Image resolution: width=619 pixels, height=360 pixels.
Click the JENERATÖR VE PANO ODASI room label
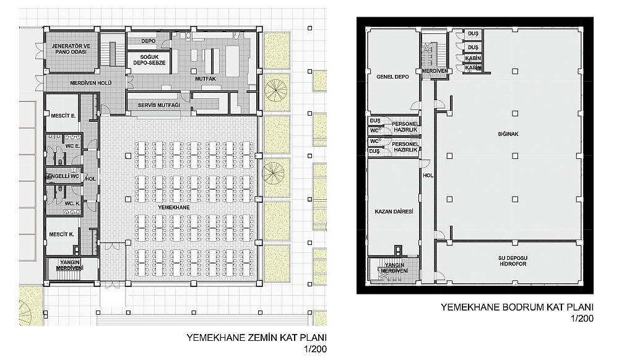[71, 49]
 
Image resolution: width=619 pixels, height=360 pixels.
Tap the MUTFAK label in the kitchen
[206, 79]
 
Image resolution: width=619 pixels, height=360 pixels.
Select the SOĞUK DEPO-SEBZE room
[149, 60]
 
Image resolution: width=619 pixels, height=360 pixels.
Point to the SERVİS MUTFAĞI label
[158, 105]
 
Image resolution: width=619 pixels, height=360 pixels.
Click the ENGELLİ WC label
[63, 176]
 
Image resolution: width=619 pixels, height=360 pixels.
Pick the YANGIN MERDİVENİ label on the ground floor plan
[70, 265]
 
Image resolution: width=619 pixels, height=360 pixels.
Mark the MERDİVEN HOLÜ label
[91, 84]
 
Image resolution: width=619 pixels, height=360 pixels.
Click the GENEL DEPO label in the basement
[392, 77]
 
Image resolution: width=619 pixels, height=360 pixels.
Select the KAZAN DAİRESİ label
[394, 212]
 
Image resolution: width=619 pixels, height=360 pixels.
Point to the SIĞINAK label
[508, 134]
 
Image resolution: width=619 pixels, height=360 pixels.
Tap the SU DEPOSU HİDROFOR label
[513, 261]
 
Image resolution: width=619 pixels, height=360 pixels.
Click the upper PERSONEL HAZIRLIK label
[405, 127]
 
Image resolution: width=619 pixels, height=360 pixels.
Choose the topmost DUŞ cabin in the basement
[473, 34]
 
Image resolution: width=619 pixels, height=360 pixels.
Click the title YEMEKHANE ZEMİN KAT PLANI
[257, 338]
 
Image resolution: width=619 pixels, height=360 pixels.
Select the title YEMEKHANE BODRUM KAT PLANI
[517, 307]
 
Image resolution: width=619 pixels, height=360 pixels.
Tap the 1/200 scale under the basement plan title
[582, 319]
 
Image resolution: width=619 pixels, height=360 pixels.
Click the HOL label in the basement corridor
[428, 176]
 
